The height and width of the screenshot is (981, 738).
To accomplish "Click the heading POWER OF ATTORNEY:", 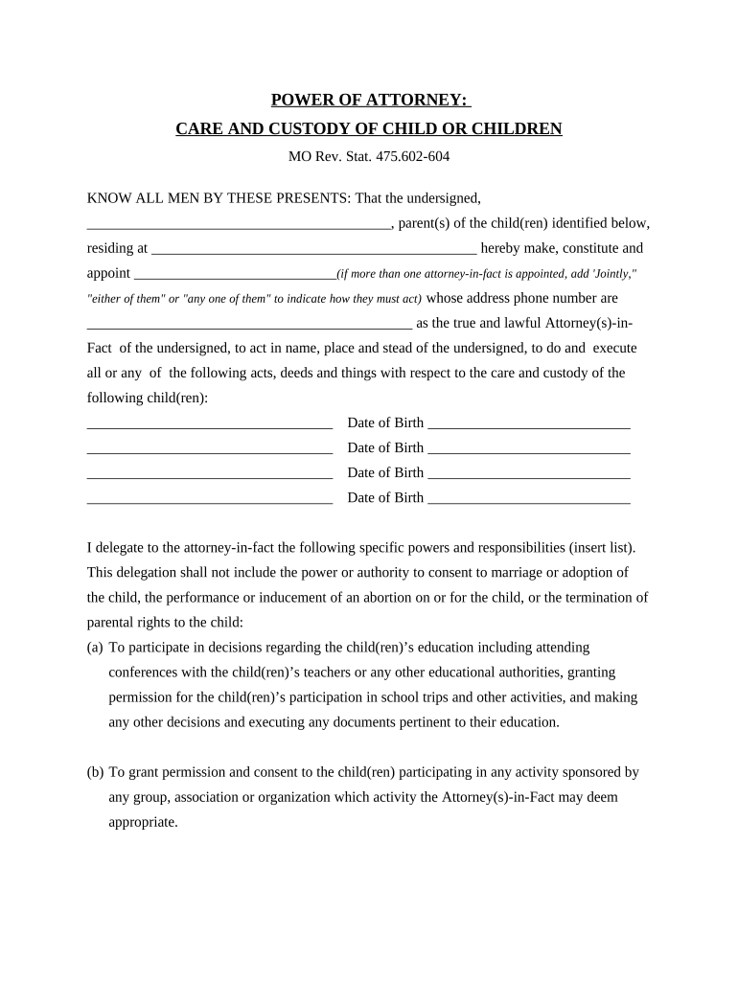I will (x=369, y=101).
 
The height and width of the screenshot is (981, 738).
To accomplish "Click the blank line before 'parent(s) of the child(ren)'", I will (x=239, y=226).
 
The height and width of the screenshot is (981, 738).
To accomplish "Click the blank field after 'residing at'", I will (x=314, y=251).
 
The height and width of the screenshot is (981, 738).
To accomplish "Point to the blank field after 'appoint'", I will (x=235, y=276).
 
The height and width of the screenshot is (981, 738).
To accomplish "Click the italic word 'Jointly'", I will (x=611, y=274).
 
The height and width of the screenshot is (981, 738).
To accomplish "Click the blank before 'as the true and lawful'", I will (x=249, y=326).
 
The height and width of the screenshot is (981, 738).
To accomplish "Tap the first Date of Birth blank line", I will (x=528, y=425).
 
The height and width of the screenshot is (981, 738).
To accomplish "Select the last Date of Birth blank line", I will (x=528, y=500).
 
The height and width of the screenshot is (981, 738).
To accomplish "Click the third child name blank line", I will (x=209, y=475).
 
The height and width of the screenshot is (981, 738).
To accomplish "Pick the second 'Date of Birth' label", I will (x=385, y=447).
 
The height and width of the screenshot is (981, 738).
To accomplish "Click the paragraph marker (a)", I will (x=95, y=648).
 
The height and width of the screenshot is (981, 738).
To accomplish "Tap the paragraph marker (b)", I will (x=95, y=772).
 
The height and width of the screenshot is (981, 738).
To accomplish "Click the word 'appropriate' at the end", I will (x=143, y=822).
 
